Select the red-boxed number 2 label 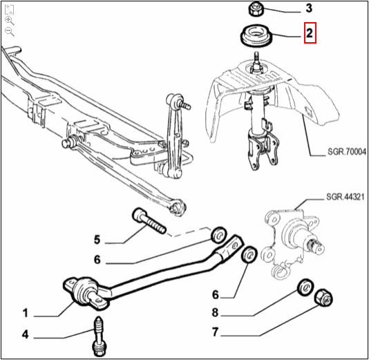(310, 32)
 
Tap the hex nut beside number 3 (254, 10)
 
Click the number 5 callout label (97, 240)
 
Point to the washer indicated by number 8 (303, 288)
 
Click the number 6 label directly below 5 (97, 260)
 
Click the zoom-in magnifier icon (9, 21)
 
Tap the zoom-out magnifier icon (9, 32)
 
